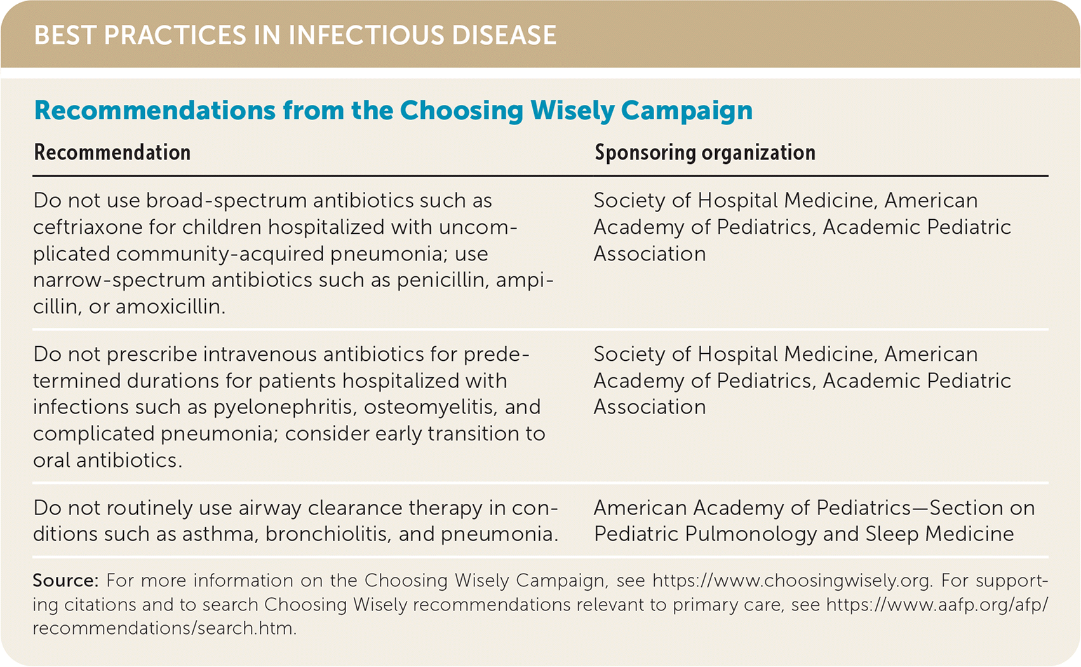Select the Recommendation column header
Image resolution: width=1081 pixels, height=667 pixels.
point(112,152)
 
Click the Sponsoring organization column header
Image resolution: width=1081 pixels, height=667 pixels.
point(704,152)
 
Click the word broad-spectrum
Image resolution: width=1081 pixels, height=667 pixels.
point(226,201)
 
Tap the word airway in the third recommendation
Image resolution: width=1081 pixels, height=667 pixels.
point(270,508)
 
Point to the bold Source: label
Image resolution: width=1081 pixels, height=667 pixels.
point(65,580)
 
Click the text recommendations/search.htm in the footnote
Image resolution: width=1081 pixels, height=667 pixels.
point(164,628)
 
